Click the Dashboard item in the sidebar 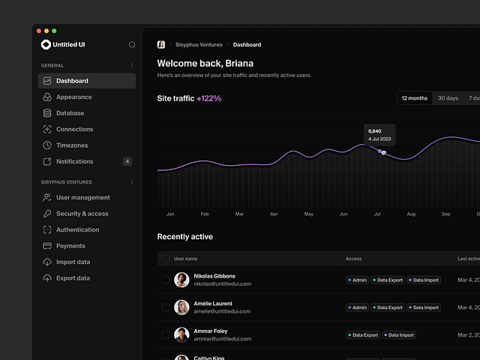point(72,81)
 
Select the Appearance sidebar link point(73,97)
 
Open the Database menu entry point(70,113)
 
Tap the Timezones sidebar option point(72,145)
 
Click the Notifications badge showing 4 point(127,161)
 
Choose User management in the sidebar point(82,198)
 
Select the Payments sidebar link point(70,246)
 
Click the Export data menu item point(73,278)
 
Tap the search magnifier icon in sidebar point(132,45)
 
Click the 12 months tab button point(415,98)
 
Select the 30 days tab point(448,98)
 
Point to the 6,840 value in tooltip point(375,131)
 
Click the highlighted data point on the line point(383,152)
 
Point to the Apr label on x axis point(274,214)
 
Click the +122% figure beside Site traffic point(209,98)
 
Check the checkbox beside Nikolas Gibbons point(166,280)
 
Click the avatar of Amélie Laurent point(181,307)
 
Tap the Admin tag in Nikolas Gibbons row point(357,280)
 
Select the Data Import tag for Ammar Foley point(399,335)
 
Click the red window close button point(39,31)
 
